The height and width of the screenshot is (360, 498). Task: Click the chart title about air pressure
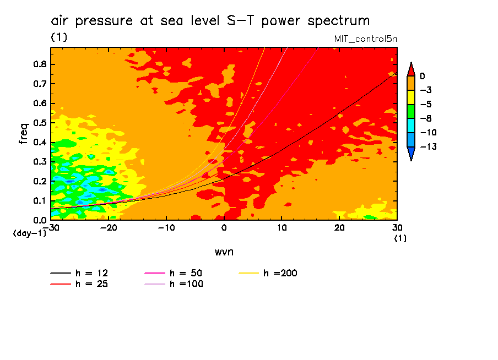[210, 21]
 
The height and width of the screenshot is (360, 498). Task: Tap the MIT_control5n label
[365, 39]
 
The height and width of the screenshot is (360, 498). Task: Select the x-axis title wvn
[224, 252]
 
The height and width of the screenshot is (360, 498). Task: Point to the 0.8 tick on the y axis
[40, 64]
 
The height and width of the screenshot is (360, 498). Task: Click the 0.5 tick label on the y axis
[40, 123]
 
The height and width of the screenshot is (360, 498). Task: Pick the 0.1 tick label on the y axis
[40, 200]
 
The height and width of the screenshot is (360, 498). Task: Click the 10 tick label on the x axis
[282, 227]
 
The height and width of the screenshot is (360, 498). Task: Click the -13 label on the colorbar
[426, 147]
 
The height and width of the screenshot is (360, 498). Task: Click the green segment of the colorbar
[410, 111]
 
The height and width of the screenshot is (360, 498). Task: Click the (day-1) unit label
[30, 233]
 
